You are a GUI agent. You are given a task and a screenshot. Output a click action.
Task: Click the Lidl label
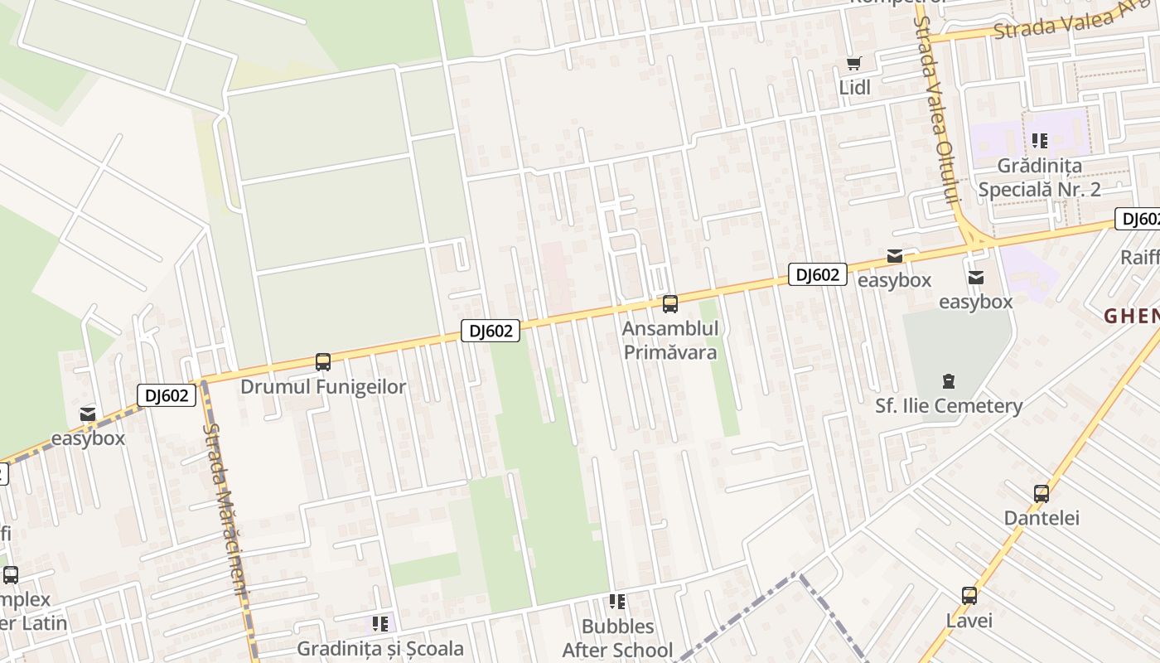(855, 87)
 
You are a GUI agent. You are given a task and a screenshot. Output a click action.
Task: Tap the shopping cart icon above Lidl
(854, 63)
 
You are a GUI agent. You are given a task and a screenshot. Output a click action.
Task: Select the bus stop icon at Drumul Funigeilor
(323, 362)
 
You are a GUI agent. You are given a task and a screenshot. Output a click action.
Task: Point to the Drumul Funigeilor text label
(323, 387)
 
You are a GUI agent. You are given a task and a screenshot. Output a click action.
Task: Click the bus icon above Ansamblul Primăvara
(670, 304)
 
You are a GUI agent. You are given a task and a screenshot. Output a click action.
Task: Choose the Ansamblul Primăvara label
(670, 340)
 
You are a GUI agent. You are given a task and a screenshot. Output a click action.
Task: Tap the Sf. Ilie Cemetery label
(949, 406)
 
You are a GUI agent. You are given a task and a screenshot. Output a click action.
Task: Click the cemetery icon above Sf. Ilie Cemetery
(949, 382)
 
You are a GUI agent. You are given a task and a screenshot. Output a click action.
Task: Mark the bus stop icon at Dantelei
(1042, 494)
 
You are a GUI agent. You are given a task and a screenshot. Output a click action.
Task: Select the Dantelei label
(1042, 518)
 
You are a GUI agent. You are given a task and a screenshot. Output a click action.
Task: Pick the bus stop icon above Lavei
(969, 595)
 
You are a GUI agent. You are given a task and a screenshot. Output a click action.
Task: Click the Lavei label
(969, 620)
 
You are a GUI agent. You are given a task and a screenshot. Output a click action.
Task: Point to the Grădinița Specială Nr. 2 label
(1039, 177)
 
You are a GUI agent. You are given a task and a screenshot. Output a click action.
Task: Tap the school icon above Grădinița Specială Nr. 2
(1040, 141)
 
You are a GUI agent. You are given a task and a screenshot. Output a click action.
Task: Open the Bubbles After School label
(617, 638)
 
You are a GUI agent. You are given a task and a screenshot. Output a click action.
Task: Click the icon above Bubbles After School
(617, 602)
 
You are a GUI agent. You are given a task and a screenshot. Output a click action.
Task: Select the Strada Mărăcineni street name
(225, 510)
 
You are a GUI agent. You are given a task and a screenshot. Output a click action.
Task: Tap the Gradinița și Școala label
(380, 648)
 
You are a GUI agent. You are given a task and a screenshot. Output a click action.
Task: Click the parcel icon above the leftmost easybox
(88, 414)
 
